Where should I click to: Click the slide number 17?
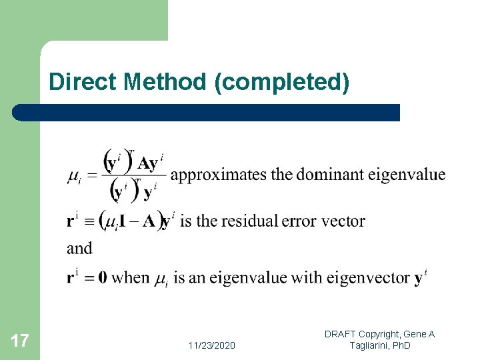(x=20, y=341)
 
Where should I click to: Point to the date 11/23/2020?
(x=211, y=345)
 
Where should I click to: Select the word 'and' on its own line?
(x=79, y=249)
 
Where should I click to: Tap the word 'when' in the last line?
(x=131, y=277)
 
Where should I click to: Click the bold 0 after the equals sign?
(x=102, y=277)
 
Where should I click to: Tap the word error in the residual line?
(x=300, y=221)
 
